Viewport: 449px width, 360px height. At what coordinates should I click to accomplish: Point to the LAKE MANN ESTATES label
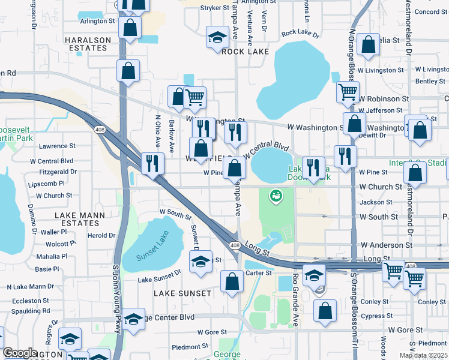tap(80, 219)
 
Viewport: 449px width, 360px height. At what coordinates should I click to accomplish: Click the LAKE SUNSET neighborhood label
tap(182, 293)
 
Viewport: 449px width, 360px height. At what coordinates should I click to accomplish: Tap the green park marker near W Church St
tap(276, 195)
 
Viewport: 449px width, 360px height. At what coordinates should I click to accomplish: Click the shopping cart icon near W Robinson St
tap(348, 92)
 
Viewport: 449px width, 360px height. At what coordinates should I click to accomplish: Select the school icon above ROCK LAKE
tap(217, 37)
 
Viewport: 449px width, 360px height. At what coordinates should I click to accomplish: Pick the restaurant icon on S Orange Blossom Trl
tap(345, 155)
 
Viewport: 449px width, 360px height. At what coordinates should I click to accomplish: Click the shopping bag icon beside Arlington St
tap(130, 26)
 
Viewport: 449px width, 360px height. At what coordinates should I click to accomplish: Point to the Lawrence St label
tap(57, 146)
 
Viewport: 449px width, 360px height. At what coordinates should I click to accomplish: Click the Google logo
tap(20, 353)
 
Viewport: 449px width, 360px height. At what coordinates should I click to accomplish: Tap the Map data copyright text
tap(423, 355)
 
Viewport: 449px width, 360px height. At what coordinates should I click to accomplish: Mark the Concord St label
tap(427, 11)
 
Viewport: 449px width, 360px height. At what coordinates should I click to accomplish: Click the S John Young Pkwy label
tap(116, 300)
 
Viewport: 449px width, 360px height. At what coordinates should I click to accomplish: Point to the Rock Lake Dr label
tap(298, 33)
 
